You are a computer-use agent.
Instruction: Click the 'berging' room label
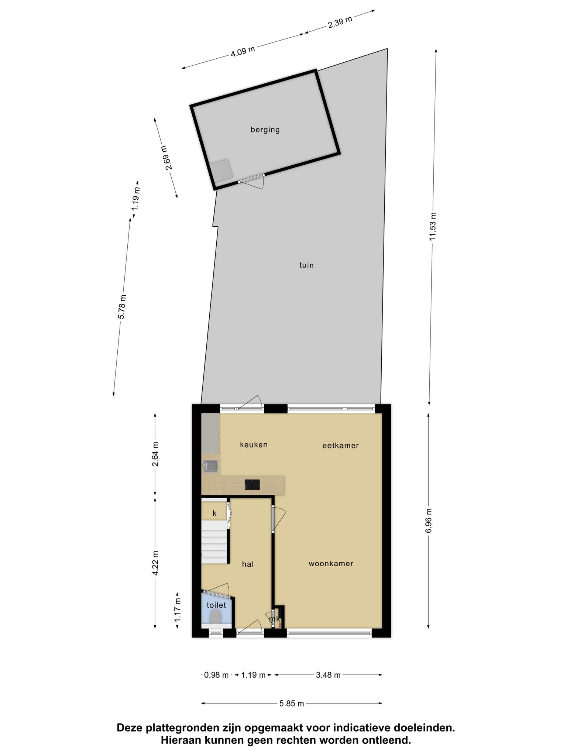click(x=265, y=130)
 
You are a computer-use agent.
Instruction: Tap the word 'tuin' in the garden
click(x=306, y=265)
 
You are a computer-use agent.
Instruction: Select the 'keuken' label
click(x=254, y=444)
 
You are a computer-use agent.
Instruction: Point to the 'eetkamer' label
click(x=341, y=446)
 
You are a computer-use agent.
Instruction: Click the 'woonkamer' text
click(x=331, y=564)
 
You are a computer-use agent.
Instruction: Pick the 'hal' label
click(x=248, y=564)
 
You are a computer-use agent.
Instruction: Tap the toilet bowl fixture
click(x=215, y=616)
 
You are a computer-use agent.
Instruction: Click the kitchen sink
click(x=211, y=466)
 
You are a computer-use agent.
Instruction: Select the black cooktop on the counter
click(x=252, y=485)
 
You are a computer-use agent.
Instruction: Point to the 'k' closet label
click(x=214, y=513)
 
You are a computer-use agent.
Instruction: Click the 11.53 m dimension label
click(x=433, y=227)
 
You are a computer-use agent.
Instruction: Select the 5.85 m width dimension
click(x=292, y=704)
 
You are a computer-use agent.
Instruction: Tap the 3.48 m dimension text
click(x=328, y=675)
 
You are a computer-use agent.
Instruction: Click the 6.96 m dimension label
click(x=429, y=520)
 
